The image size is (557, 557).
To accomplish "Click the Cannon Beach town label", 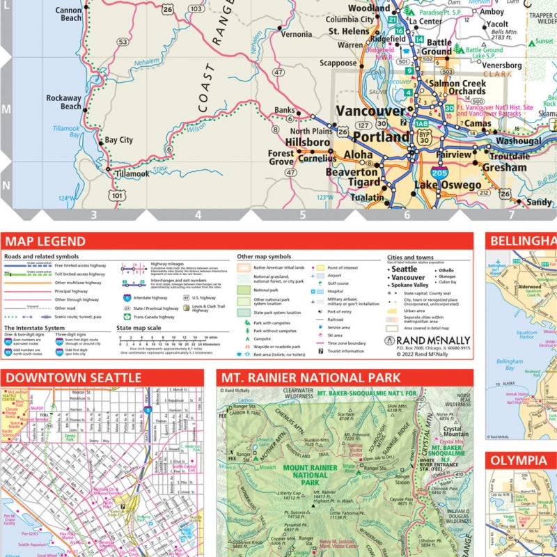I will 68,15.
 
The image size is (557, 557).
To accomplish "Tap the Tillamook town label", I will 132,173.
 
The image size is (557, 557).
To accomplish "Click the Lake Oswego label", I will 447,185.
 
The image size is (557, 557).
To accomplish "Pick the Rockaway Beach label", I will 64,102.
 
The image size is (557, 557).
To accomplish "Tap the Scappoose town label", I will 338,63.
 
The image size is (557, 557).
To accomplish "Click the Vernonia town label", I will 296,34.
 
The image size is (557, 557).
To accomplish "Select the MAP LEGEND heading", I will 45,242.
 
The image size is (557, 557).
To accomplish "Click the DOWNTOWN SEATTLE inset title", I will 73,378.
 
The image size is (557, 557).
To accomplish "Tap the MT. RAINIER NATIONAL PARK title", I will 311,378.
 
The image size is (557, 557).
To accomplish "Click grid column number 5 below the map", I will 302,216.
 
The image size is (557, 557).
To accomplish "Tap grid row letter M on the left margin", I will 6,109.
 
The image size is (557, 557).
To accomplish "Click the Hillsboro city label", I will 308,141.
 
